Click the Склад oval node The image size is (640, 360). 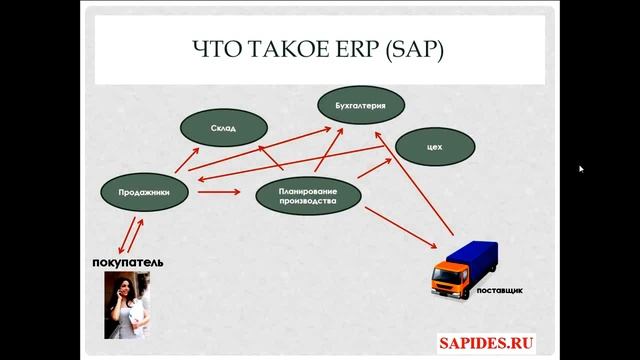click(x=223, y=129)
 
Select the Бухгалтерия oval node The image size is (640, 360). click(x=361, y=104)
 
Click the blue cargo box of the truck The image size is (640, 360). click(x=486, y=260)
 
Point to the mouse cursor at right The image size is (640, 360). click(x=581, y=169)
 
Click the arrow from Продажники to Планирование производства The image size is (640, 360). click(x=218, y=192)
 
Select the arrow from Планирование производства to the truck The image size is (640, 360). click(x=400, y=226)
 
